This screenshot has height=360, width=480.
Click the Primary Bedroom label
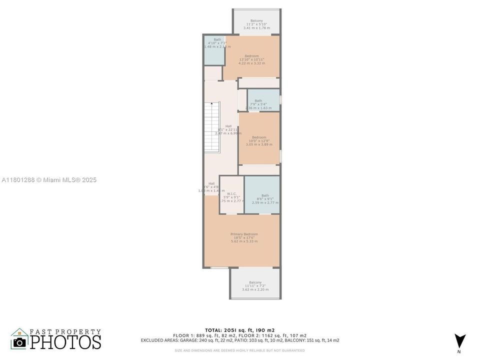[x=244, y=234]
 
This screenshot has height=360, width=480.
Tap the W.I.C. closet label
[x=231, y=194]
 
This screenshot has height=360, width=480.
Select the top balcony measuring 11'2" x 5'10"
[x=256, y=24]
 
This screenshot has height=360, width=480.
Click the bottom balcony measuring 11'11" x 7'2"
[x=255, y=285]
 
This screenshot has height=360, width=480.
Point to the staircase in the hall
[x=212, y=127]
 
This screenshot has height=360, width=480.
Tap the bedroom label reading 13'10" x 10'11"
[x=251, y=59]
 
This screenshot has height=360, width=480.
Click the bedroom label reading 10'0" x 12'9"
[x=259, y=140]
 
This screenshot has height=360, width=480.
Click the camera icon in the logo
[x=20, y=342]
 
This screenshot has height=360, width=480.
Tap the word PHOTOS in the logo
[x=65, y=342]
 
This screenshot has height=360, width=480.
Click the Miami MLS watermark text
[x=49, y=180]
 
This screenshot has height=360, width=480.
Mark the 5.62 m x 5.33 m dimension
[x=244, y=241]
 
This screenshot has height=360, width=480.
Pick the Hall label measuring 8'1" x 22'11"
[x=228, y=129]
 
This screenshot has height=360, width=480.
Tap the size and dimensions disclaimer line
[x=239, y=350]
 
